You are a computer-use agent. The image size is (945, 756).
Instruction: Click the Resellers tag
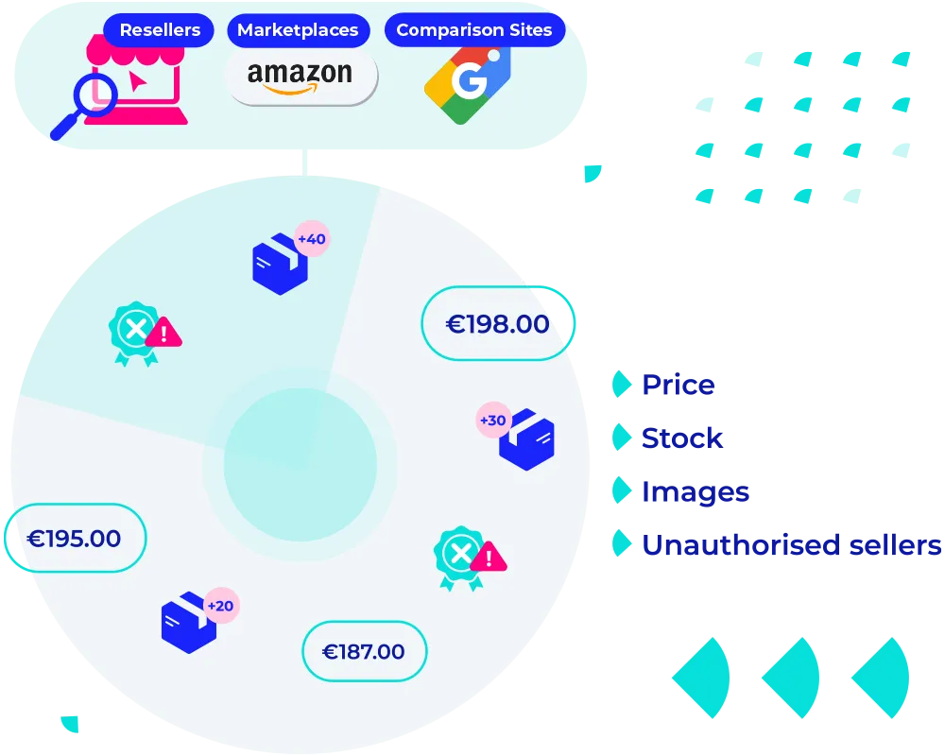coord(160,29)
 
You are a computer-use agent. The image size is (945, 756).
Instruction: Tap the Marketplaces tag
coord(298,29)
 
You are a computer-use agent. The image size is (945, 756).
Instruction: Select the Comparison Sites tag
coord(473,29)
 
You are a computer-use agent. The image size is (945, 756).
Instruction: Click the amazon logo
coord(300,76)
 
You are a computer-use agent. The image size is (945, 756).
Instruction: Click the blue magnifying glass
coord(92,102)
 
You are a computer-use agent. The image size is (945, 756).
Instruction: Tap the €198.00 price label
coord(497,324)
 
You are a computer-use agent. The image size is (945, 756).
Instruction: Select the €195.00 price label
coord(75,539)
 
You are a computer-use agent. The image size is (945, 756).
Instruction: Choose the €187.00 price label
coord(364,651)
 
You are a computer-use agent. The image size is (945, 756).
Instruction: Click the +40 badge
coord(311,239)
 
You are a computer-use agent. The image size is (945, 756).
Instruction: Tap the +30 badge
coord(493,420)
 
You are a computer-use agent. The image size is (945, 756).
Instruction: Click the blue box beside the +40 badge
coord(280,265)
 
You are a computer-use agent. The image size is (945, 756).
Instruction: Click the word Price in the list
coord(679,385)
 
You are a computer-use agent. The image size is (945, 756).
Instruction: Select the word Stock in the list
coord(682,438)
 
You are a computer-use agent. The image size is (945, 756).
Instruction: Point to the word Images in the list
coord(696,491)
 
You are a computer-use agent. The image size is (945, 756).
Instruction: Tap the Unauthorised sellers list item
coord(791,544)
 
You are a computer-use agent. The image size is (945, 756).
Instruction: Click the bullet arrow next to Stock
coord(622,438)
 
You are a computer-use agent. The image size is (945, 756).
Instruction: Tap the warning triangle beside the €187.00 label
coord(488,558)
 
